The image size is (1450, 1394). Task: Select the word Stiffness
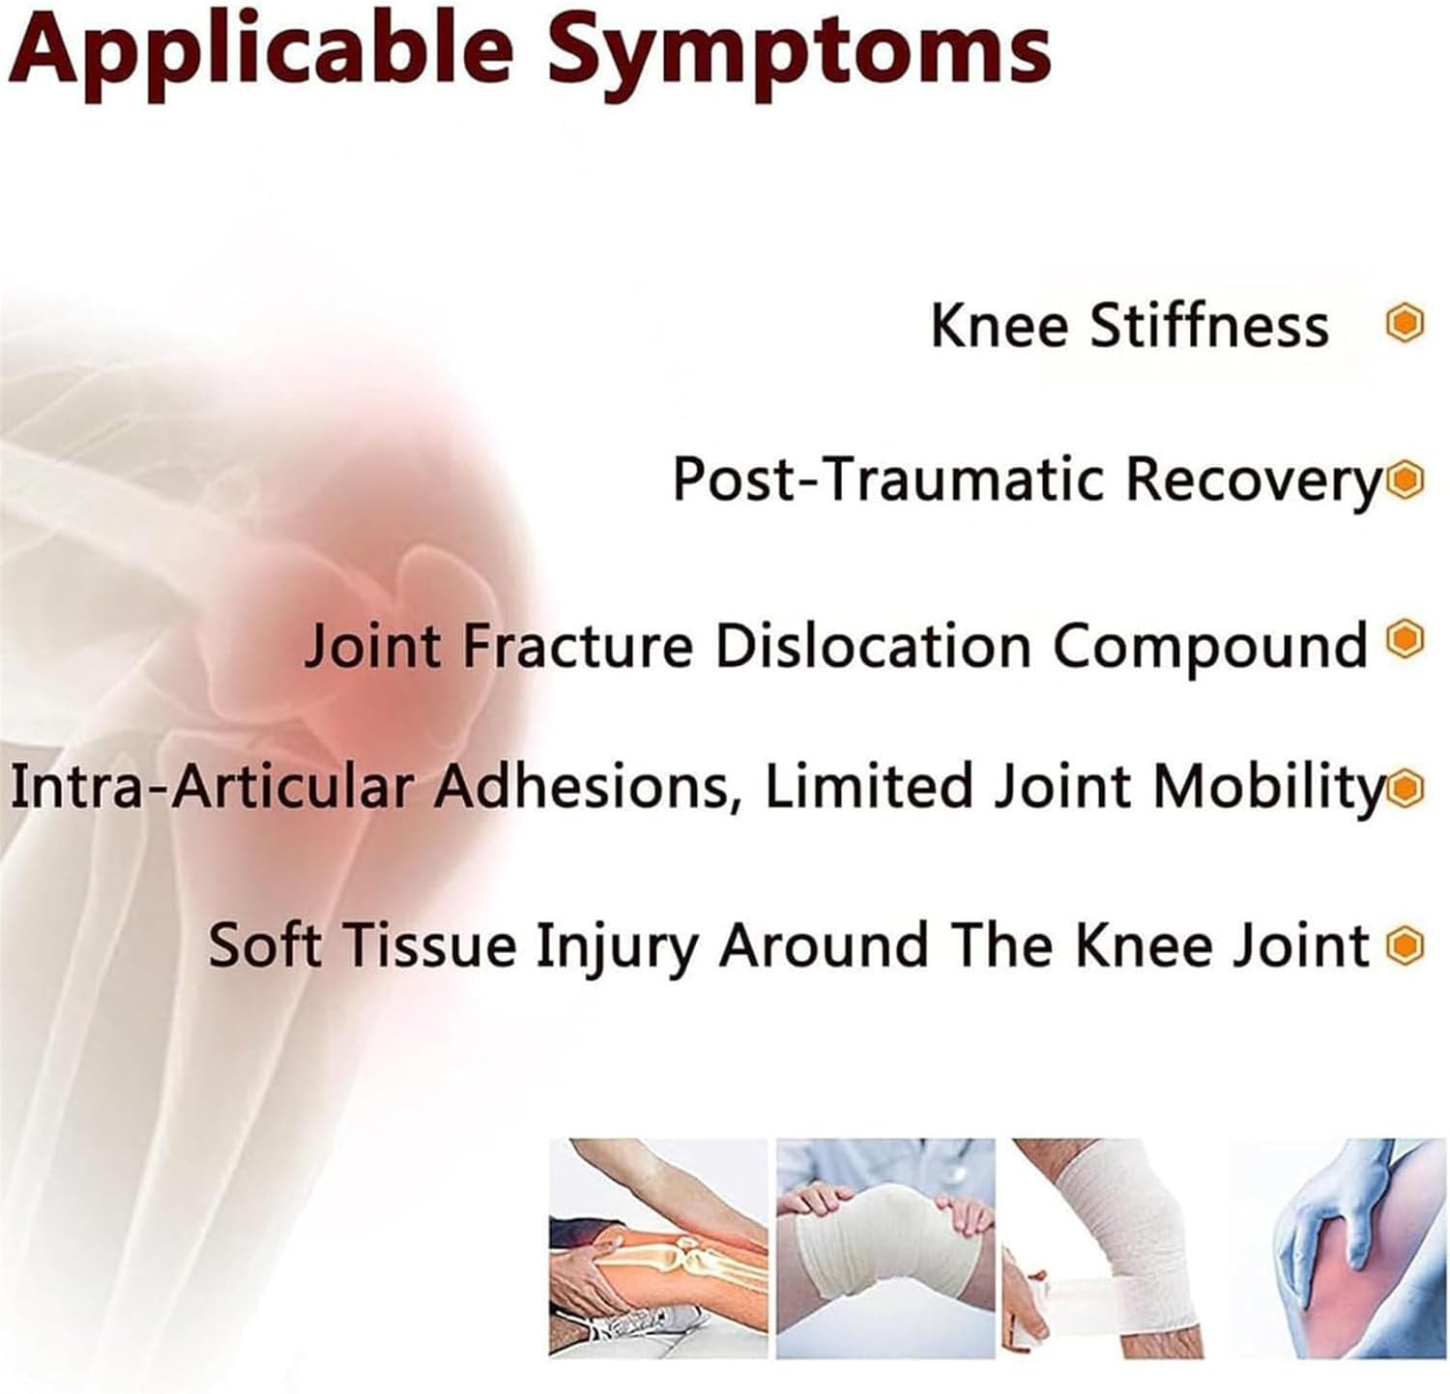1209,325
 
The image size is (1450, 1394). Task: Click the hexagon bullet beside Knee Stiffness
1405,324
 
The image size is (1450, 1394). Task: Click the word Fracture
578,645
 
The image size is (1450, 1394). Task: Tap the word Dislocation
873,645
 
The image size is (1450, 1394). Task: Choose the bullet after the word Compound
1406,638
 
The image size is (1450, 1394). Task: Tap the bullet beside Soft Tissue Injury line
1405,944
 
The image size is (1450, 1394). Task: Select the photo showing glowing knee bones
658,1248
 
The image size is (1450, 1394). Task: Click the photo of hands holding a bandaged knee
885,1248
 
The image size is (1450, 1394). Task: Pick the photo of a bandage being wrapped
1112,1248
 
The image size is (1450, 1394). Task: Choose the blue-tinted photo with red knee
1339,1248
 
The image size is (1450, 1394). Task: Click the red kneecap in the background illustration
425,619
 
